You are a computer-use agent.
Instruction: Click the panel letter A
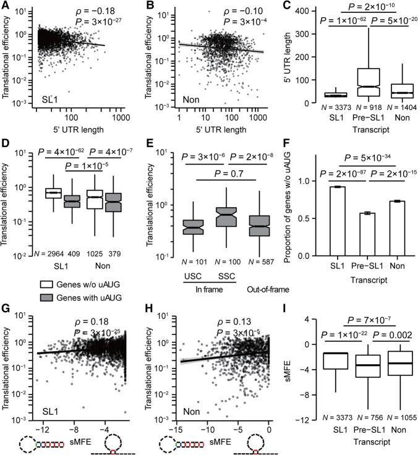click(x=6, y=6)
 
